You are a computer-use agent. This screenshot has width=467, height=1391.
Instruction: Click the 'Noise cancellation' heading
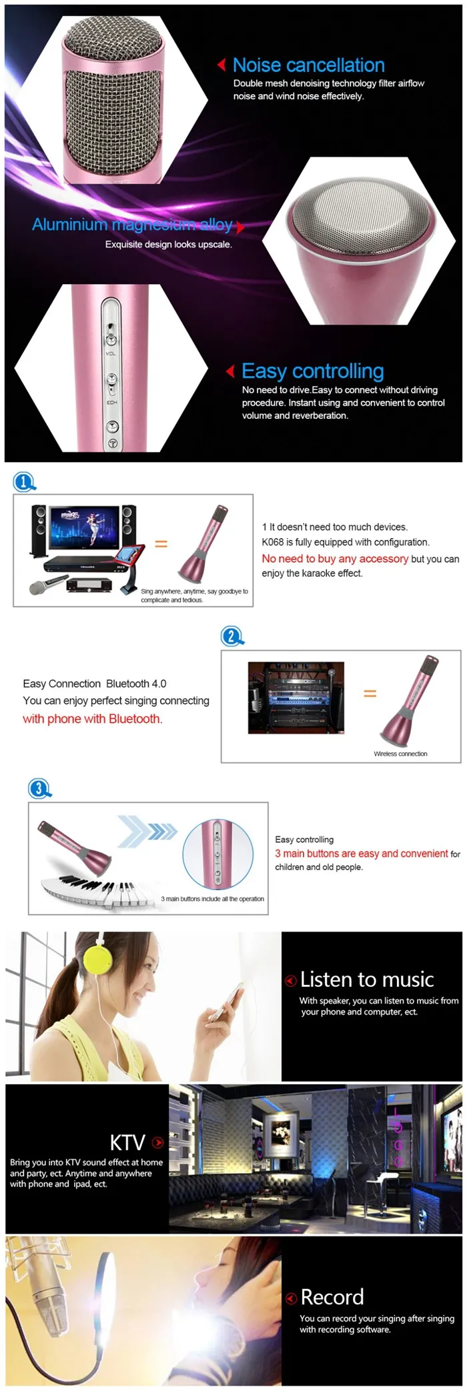pyautogui.click(x=308, y=65)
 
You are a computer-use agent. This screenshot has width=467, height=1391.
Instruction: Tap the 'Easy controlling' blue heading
pyautogui.click(x=312, y=371)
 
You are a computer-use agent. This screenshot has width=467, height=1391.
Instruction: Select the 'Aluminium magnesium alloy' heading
pyautogui.click(x=132, y=225)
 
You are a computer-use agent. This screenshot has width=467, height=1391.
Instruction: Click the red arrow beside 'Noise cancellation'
pyautogui.click(x=221, y=65)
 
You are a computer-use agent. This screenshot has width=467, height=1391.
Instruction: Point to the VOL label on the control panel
pyautogui.click(x=111, y=353)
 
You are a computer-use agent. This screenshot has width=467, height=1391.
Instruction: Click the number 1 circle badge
pyautogui.click(x=24, y=481)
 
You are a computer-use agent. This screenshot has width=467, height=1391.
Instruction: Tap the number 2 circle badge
pyautogui.click(x=231, y=635)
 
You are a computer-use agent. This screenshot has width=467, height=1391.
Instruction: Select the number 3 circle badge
pyautogui.click(x=39, y=789)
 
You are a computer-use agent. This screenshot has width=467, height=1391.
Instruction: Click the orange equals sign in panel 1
pyautogui.click(x=161, y=543)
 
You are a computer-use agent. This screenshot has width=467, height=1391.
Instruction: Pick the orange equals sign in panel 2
pyautogui.click(x=370, y=693)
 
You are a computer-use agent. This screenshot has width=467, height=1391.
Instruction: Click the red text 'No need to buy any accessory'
pyautogui.click(x=335, y=559)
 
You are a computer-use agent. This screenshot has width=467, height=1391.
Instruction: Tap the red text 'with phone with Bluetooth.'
pyautogui.click(x=93, y=719)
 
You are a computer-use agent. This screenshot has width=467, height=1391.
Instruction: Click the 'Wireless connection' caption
pyautogui.click(x=400, y=754)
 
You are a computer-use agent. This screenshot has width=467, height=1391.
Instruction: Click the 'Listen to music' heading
pyautogui.click(x=367, y=980)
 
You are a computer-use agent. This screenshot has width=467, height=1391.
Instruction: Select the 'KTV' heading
pyautogui.click(x=127, y=1142)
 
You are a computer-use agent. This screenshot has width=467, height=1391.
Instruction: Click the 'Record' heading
pyautogui.click(x=332, y=1297)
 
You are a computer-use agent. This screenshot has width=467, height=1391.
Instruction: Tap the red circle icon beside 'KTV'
pyautogui.click(x=158, y=1143)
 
